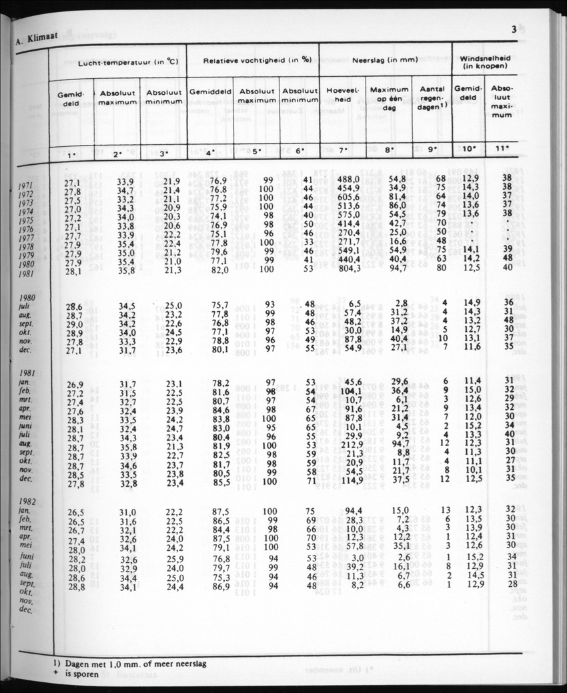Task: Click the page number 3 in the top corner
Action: [514, 29]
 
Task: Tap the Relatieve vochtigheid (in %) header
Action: [251, 59]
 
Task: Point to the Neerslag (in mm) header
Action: [385, 59]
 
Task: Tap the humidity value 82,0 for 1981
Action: [209, 269]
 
